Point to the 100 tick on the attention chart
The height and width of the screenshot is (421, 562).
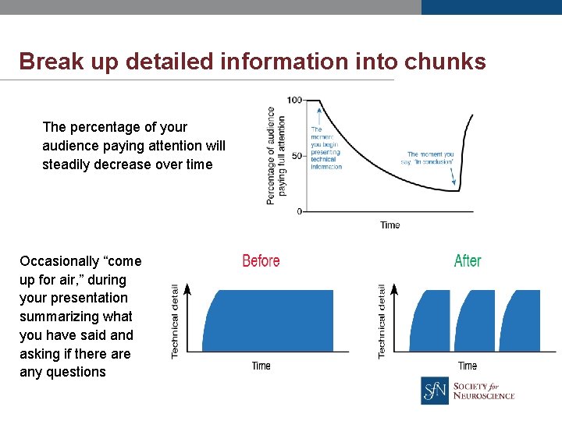click(295, 100)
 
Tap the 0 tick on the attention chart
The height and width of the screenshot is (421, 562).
click(299, 211)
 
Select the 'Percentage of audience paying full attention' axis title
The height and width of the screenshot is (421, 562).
click(276, 155)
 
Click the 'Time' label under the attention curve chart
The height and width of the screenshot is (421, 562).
click(389, 225)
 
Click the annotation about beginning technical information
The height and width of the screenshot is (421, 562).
click(326, 148)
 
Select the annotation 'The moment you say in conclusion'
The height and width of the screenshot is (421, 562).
click(430, 159)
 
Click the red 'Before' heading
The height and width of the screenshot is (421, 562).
click(261, 261)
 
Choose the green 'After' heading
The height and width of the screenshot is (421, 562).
click(468, 261)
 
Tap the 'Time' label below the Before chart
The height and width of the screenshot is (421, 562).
click(261, 366)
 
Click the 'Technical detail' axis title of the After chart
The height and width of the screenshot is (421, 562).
click(382, 321)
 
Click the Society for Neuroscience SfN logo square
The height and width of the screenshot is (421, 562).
click(435, 391)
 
